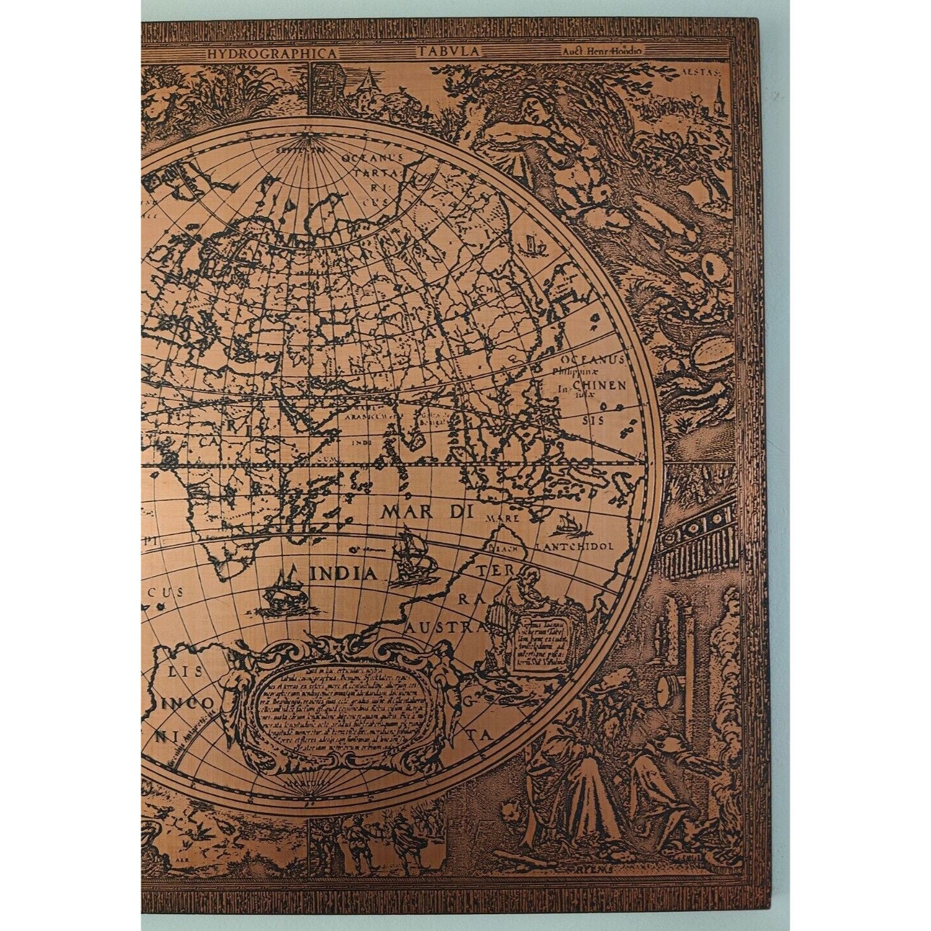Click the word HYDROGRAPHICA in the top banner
(x=271, y=54)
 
